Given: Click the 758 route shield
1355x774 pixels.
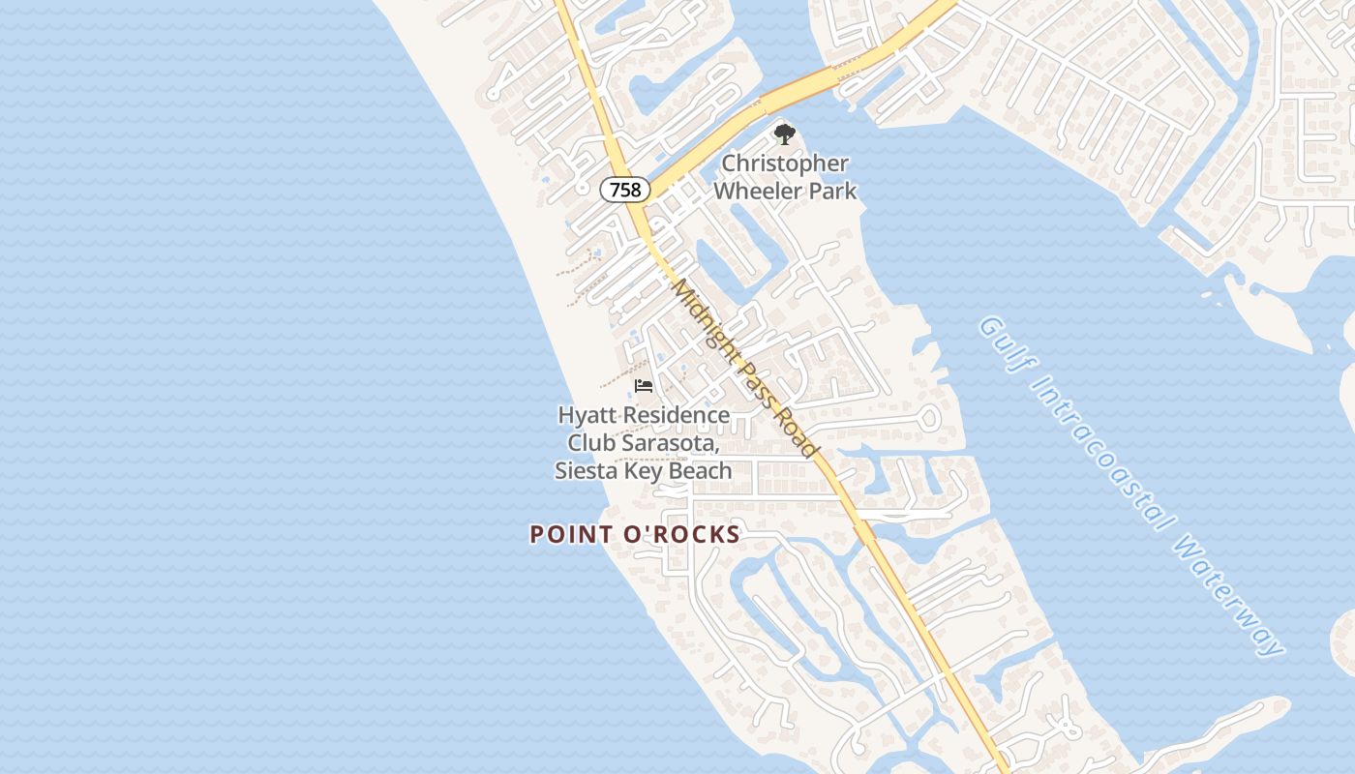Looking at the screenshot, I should point(624,190).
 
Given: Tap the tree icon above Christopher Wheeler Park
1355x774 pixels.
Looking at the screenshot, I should point(784,134).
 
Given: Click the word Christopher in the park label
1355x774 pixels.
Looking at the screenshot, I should point(785,164).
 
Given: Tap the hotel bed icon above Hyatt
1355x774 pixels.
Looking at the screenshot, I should point(644,386).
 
